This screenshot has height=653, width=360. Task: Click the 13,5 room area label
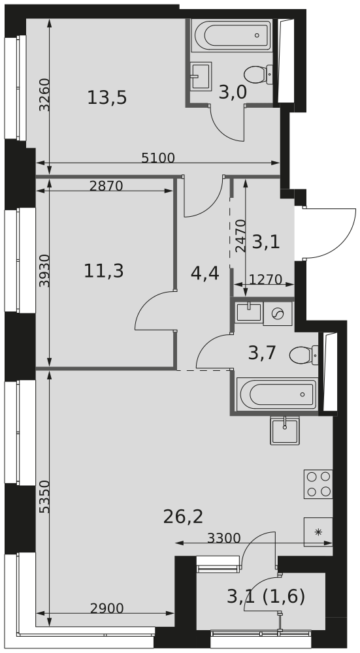pos(107,99)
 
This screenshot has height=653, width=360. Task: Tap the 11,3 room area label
pos(104,271)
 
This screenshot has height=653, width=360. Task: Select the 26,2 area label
pos(183,517)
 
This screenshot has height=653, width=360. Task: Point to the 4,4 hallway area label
pos(205,274)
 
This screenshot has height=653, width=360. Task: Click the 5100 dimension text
pos(158,158)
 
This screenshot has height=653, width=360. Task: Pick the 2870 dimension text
pos(106,185)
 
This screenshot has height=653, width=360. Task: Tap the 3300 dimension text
pos(223,538)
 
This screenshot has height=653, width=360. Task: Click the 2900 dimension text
pos(107,609)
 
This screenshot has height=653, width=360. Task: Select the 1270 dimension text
pos(266,279)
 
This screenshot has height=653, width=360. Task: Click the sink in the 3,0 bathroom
pos(201,76)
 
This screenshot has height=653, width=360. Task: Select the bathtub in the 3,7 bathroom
pos(276,394)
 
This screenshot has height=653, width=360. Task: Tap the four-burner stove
pos(318,484)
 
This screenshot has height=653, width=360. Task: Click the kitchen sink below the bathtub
pos(285,430)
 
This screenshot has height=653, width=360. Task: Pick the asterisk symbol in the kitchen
pos(318,532)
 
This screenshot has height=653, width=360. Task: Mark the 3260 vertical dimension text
pos(44,95)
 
